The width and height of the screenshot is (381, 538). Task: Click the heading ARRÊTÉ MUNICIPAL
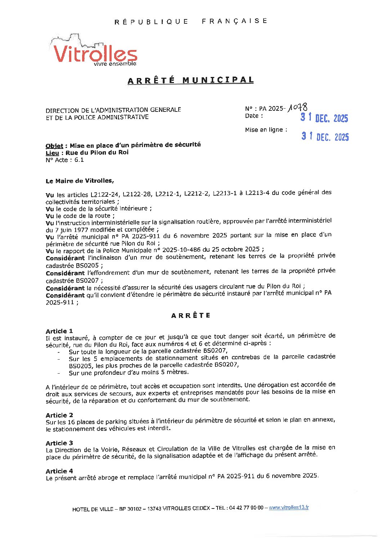point(190,80)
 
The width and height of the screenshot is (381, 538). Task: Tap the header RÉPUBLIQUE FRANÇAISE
point(190,21)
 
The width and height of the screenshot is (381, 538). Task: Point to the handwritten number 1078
point(298,107)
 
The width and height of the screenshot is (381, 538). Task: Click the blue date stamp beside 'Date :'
point(324,118)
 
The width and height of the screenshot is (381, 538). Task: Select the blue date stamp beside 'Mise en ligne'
point(325,137)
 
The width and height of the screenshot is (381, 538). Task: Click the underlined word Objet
point(54,146)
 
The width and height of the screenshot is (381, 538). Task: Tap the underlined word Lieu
point(52,153)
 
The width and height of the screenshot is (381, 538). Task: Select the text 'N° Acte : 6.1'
point(65,160)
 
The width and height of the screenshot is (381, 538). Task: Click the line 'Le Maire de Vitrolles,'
point(80,181)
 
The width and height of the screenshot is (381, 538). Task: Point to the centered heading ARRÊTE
point(190,315)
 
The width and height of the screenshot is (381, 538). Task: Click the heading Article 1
point(59,331)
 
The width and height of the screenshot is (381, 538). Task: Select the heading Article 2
point(59,415)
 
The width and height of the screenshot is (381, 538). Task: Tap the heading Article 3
point(59,443)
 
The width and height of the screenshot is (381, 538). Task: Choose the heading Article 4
point(59,471)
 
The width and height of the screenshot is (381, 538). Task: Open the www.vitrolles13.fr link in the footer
point(289,507)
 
